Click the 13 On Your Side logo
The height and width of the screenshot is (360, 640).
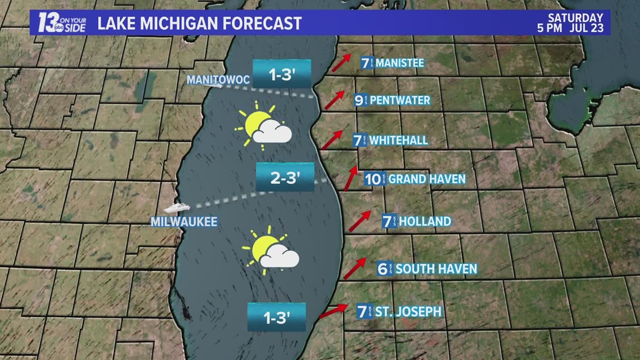[62, 23]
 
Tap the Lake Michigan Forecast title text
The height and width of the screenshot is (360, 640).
[199, 24]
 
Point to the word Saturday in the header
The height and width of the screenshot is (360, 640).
[576, 18]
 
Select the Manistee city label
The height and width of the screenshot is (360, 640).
[399, 63]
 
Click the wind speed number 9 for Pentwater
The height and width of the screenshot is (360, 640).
[359, 101]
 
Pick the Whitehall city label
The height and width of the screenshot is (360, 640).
[399, 140]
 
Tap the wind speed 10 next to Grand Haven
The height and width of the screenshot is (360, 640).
[373, 179]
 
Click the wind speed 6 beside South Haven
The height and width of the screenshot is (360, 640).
[383, 269]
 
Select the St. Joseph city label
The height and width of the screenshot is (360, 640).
[400, 311]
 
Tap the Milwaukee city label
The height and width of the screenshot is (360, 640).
[184, 222]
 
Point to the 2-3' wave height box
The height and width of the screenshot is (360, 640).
[285, 178]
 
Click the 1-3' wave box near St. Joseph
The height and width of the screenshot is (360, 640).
[277, 318]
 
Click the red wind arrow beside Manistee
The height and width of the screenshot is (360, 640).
[341, 63]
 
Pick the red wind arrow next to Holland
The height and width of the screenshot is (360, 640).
[360, 221]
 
